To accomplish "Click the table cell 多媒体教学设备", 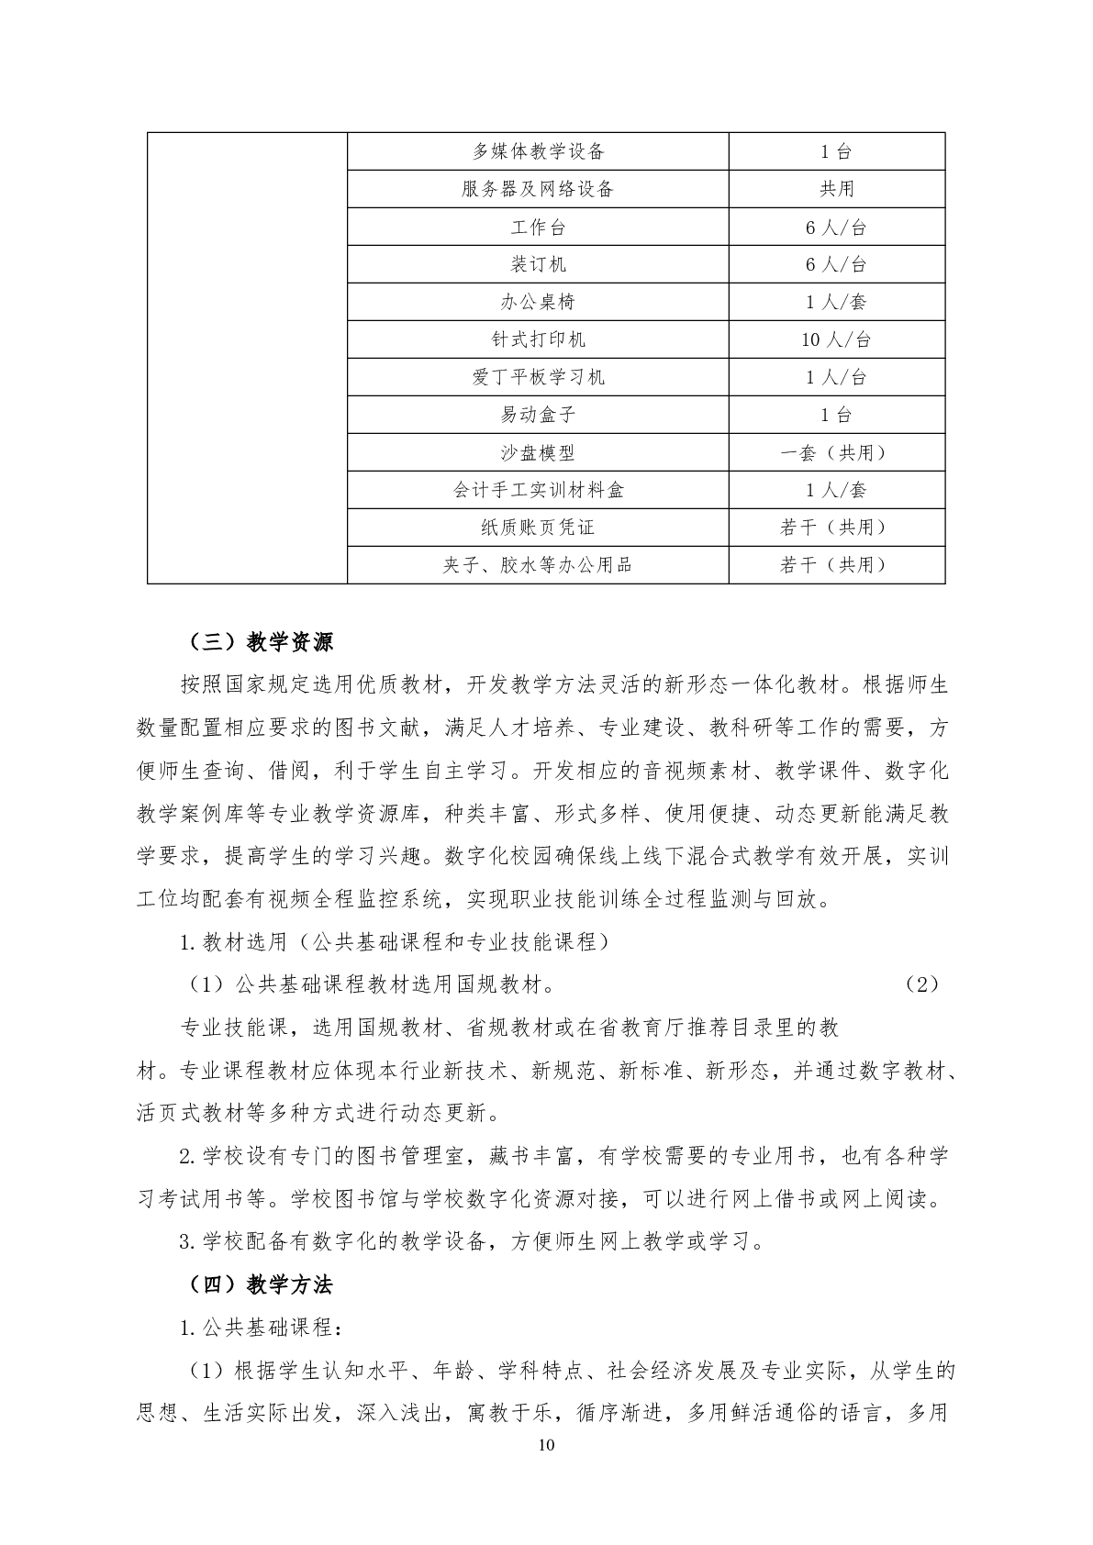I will pos(538,151).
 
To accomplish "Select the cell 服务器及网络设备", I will pos(538,189).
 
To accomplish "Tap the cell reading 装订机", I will pos(538,264).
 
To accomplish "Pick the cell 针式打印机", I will pos(538,339).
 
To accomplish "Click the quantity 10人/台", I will pos(836,339).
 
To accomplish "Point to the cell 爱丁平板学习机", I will pos(538,377).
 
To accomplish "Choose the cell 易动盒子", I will pos(538,415).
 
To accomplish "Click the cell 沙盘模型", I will pos(538,452).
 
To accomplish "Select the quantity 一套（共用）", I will pos(836,452).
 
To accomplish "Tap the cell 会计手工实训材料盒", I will pos(538,490).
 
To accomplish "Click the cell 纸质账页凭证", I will pos(538,528).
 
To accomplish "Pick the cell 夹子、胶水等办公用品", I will pos(538,565).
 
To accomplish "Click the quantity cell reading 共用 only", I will pos(836,189).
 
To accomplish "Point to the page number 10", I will pos(546,1446).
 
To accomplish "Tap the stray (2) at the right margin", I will pos(921,984).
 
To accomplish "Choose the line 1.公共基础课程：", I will pos(262,1328).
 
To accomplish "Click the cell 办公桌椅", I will pos(538,302).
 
